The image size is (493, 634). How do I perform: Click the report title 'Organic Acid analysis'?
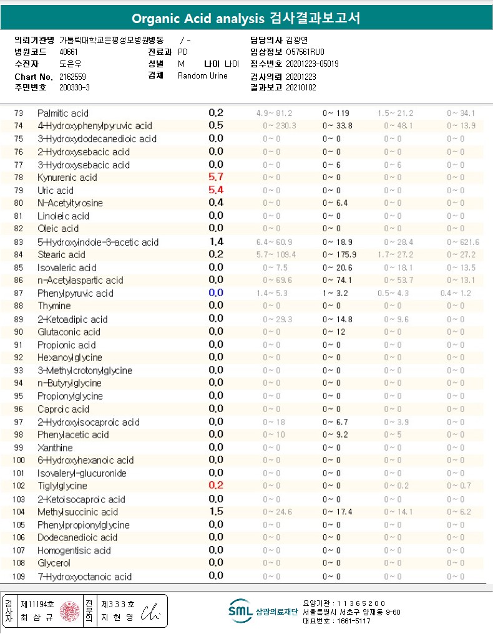pyautogui.click(x=198, y=19)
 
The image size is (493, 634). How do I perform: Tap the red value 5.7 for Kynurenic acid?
pyautogui.click(x=216, y=177)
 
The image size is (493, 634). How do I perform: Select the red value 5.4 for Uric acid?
pyautogui.click(x=216, y=190)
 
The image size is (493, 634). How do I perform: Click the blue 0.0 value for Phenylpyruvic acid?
pyautogui.click(x=216, y=293)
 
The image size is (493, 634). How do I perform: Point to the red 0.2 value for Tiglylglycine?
pyautogui.click(x=216, y=486)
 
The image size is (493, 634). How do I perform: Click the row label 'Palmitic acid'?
pyautogui.click(x=63, y=113)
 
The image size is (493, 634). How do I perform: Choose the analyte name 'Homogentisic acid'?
pyautogui.click(x=74, y=550)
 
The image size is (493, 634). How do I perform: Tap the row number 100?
pyautogui.click(x=19, y=461)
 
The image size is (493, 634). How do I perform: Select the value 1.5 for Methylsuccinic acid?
pyautogui.click(x=216, y=511)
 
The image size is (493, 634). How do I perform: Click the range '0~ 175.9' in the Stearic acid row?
pyautogui.click(x=339, y=254)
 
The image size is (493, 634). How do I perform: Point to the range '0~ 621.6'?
pyautogui.click(x=462, y=242)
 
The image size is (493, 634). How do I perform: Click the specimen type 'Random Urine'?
pyautogui.click(x=203, y=76)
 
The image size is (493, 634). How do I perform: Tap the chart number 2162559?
pyautogui.click(x=73, y=76)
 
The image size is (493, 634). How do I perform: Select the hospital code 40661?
pyautogui.click(x=69, y=52)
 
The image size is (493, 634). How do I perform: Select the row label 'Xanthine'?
pyautogui.click(x=55, y=448)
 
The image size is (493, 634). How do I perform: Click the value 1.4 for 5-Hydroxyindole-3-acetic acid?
pyautogui.click(x=216, y=242)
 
